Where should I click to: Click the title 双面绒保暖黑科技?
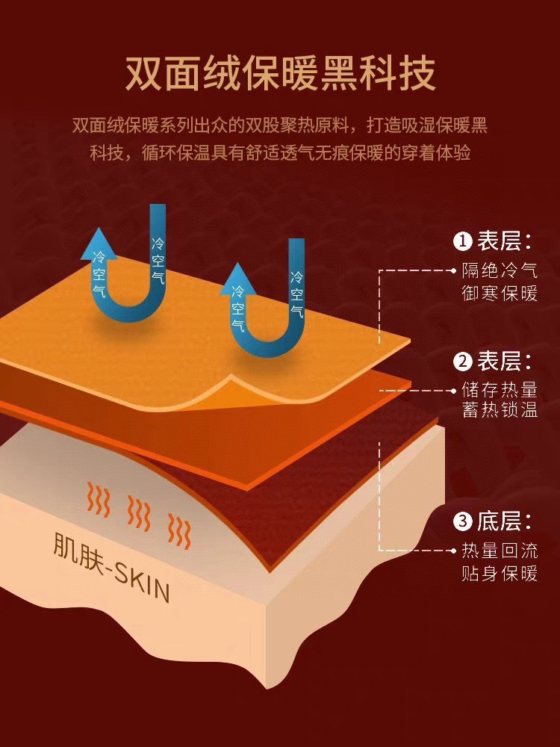click(x=280, y=72)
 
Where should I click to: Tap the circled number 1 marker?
click(x=463, y=241)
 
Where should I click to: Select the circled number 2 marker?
click(x=463, y=362)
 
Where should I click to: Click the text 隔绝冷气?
click(x=500, y=270)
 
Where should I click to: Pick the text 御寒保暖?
click(x=500, y=293)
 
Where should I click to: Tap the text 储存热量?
click(x=500, y=390)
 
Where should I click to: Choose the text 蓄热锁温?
click(x=500, y=412)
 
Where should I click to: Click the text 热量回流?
click(x=500, y=551)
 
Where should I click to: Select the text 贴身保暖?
click(x=500, y=574)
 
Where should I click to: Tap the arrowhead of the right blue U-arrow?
click(x=238, y=278)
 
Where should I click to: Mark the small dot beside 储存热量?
click(x=455, y=390)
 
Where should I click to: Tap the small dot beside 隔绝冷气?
click(x=455, y=270)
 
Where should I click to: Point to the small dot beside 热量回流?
click(x=455, y=551)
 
